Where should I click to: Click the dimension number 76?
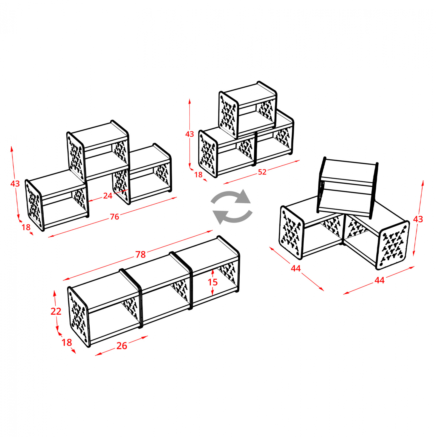[x=114, y=216]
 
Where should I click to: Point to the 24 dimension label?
[x=108, y=195]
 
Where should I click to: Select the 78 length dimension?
[x=140, y=254]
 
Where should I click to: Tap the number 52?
[x=262, y=172]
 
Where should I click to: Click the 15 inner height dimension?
[x=213, y=282]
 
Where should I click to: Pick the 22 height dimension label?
[x=56, y=311]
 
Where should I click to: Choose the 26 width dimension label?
[x=122, y=346]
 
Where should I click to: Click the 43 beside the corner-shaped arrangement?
[x=418, y=219]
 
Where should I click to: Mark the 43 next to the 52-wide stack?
[x=189, y=134]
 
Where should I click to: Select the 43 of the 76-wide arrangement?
[x=15, y=183]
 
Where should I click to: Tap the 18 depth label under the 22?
[x=67, y=342]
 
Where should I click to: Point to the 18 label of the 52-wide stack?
[x=198, y=175]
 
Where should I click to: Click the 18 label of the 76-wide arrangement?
[x=26, y=227]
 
